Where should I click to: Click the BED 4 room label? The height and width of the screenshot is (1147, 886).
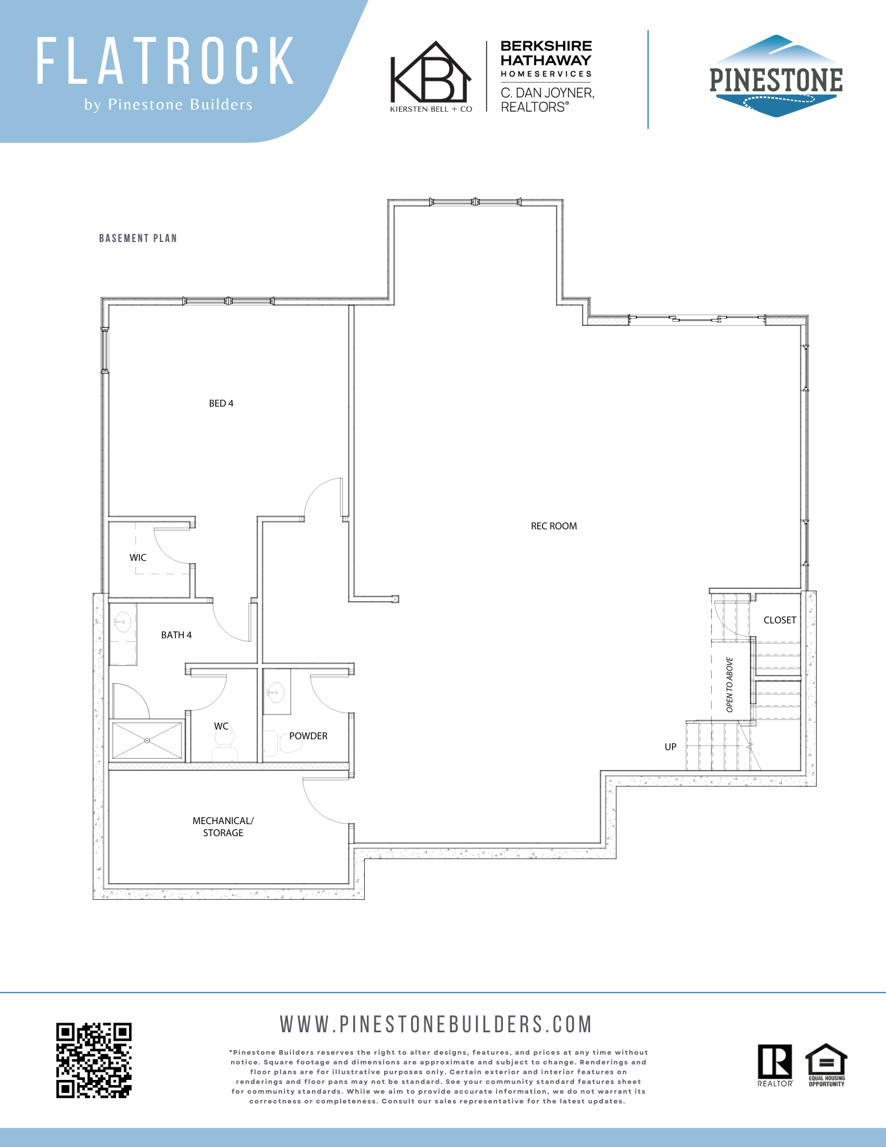point(221,403)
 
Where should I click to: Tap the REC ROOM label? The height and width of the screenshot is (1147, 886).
point(553,526)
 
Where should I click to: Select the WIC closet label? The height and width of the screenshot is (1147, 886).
point(138,557)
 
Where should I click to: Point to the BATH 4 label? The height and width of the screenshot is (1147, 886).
point(176,635)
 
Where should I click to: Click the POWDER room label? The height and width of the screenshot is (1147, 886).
point(308,736)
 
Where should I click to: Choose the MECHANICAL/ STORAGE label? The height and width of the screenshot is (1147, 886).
point(223,826)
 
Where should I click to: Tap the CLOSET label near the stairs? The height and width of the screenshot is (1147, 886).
point(780,620)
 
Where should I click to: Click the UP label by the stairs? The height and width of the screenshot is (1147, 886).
point(670,747)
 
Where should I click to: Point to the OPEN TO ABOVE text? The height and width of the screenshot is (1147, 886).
point(729,685)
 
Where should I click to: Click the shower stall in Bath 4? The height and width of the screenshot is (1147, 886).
point(147,740)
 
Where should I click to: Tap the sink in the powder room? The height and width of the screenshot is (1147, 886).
point(276,692)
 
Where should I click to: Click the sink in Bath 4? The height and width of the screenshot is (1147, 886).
point(123,622)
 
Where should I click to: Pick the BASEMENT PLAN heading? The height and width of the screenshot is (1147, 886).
point(138,238)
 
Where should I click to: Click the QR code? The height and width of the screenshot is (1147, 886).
point(94,1060)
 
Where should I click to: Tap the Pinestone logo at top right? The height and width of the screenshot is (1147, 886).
point(776,76)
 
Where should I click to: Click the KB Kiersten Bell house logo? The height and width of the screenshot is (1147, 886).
point(431,76)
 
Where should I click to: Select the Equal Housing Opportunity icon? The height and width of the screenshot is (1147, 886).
point(826,1065)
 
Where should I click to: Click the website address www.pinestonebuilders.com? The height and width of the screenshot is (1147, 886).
point(436,1024)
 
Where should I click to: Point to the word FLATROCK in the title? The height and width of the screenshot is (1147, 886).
point(166,61)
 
